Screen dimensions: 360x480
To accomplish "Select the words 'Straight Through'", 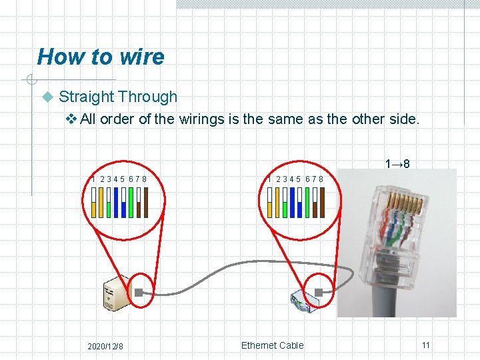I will click(x=118, y=97).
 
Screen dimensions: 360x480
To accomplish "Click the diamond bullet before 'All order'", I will click(x=72, y=119).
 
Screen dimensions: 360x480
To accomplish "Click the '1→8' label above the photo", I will click(x=397, y=163).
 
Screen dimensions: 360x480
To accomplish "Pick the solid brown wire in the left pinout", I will click(x=146, y=203).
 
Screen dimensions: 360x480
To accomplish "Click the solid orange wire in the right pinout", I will click(x=277, y=203).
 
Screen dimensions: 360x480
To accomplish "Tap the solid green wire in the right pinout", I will click(x=307, y=203).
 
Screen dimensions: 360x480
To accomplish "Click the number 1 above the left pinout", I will click(x=93, y=179).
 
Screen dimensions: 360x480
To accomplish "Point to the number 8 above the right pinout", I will click(x=321, y=179).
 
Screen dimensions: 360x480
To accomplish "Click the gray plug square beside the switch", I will click(x=319, y=292).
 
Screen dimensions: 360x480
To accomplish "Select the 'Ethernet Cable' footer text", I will click(x=272, y=345).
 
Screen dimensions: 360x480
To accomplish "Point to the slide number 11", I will click(x=425, y=345).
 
